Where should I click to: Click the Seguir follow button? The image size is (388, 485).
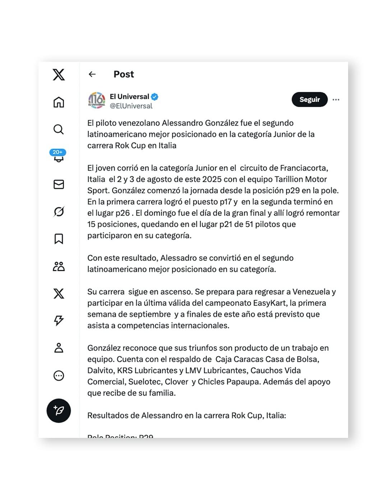309,100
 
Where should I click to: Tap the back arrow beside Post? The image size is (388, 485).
92,74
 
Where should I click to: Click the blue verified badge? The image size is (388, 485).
154,97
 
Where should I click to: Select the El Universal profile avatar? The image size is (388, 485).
97,100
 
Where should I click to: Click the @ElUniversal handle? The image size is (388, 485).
131,106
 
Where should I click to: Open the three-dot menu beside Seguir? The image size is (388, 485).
336,100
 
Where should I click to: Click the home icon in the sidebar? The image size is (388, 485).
59,102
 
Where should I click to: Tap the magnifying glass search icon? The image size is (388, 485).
59,129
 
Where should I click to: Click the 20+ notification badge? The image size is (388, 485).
57,152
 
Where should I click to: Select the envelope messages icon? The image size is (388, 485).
59,184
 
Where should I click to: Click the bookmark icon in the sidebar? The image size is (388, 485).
59,239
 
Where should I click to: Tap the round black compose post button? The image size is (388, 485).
59,411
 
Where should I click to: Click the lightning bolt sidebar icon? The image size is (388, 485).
59,320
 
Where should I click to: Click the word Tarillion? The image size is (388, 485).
288,179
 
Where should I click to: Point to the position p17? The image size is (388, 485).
226,202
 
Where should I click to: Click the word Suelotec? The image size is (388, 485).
144,382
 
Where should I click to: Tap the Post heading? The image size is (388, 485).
124,74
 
